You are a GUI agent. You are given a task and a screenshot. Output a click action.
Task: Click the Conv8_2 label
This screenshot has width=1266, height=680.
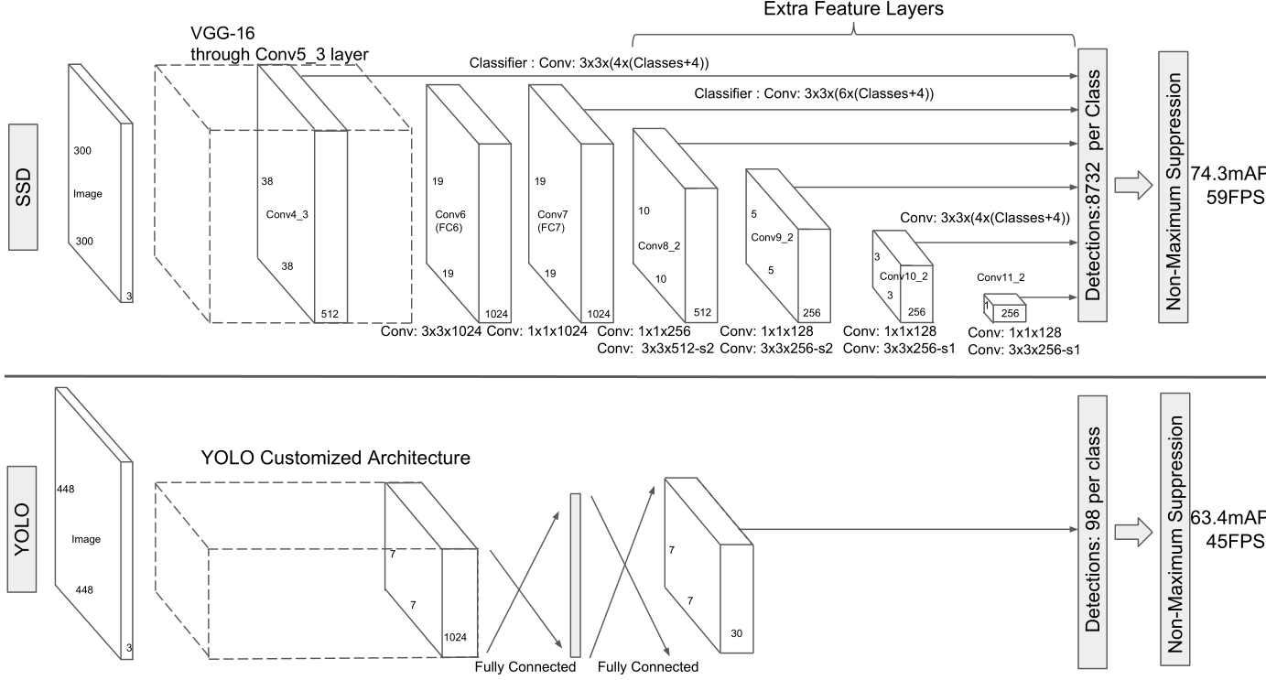coord(656,246)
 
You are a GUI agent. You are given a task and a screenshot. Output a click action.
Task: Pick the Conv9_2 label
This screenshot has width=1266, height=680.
coord(770,237)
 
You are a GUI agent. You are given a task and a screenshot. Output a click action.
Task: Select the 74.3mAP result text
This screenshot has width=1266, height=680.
coord(1228,175)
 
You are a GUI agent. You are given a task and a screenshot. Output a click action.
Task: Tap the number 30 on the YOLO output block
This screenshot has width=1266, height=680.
coord(738,632)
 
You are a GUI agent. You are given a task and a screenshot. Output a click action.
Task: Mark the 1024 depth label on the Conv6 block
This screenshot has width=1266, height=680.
coord(495,313)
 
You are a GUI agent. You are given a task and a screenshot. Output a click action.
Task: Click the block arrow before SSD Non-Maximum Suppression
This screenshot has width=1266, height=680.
coord(1133,184)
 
